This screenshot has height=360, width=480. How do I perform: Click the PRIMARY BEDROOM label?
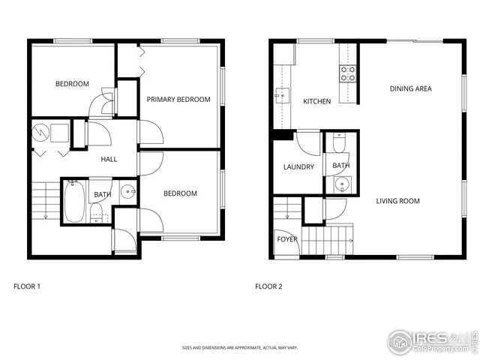178,100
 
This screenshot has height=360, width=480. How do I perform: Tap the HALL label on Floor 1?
109,159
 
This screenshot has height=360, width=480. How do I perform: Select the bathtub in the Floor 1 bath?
73,202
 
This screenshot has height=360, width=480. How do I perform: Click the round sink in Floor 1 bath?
128,192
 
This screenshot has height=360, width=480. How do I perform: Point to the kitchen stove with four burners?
348,73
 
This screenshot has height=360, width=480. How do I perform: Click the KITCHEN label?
316,101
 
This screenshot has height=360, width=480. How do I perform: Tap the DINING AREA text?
410,89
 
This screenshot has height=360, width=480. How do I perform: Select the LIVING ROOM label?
397,201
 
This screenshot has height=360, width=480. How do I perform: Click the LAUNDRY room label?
298,166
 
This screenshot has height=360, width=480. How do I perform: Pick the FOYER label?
287,240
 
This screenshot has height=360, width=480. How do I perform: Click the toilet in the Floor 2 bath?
339,142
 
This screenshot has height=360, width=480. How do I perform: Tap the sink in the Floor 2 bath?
343,184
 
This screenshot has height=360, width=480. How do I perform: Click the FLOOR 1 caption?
27,286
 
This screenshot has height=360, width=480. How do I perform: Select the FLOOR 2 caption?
268,286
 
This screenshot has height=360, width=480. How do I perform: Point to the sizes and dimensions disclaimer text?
239,348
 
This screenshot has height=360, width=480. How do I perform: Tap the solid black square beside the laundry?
282,135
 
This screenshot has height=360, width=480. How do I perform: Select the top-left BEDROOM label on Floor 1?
72,84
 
